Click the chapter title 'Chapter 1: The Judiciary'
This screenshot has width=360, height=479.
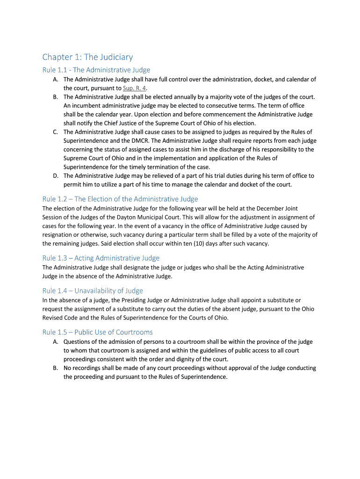coord(87,57)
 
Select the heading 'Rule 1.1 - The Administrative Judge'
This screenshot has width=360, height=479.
coord(96,70)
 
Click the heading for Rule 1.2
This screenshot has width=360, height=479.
coord(120,199)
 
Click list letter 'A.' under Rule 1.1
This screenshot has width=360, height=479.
coord(55,80)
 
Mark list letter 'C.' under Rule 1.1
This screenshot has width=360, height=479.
coord(55,132)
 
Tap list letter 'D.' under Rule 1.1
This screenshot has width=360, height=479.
coord(55,176)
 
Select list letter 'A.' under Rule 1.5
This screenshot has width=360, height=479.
coord(55,342)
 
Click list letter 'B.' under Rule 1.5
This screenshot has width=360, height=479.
coord(55,368)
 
